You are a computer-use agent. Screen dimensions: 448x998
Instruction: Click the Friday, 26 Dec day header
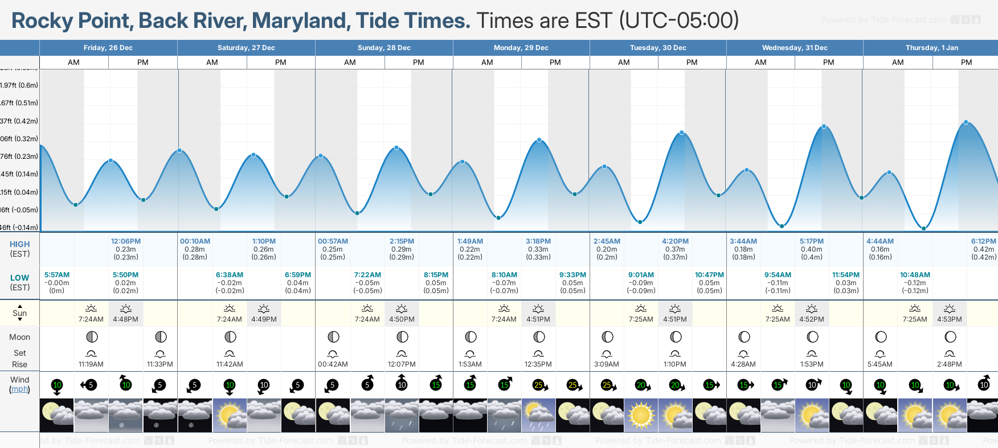click(x=108, y=48)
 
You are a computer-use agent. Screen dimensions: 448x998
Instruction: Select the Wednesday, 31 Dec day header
click(x=795, y=48)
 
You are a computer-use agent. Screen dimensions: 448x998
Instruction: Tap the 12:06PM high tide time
click(x=126, y=241)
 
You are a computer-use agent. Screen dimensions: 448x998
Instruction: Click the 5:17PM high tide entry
click(x=812, y=241)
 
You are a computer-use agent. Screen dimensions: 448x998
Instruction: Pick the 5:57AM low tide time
click(x=57, y=275)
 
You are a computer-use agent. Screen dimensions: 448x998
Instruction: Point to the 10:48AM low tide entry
click(x=915, y=275)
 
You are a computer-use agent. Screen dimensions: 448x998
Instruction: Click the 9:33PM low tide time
click(x=572, y=275)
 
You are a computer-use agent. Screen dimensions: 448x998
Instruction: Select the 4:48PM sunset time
click(x=126, y=319)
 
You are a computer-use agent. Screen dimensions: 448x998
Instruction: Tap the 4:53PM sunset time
click(x=950, y=319)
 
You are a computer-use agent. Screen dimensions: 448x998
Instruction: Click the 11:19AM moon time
click(x=91, y=364)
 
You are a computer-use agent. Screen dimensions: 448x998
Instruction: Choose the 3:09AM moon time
click(x=607, y=364)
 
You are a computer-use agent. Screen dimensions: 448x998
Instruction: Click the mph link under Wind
click(x=20, y=389)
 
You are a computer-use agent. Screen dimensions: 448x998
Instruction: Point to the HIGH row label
click(x=20, y=244)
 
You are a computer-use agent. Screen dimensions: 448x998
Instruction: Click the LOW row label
click(x=20, y=278)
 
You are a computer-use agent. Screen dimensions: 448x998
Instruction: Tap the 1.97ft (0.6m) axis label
click(x=19, y=85)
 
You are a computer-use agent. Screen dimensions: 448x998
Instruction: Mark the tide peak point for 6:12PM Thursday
click(x=966, y=122)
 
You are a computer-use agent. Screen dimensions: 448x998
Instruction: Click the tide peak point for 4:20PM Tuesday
click(x=682, y=133)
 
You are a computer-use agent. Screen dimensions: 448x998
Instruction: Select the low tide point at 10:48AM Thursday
click(x=924, y=228)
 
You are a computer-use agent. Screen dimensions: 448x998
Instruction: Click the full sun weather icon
click(x=641, y=415)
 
